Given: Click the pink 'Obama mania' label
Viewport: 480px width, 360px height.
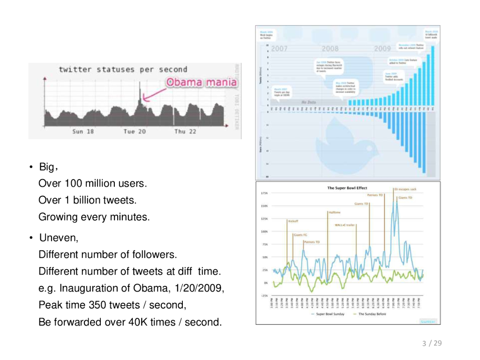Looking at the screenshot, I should pyautogui.click(x=202, y=82).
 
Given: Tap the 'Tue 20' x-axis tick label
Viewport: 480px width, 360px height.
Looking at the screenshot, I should pyautogui.click(x=135, y=132).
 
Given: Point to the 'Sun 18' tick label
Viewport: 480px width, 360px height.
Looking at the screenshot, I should pyautogui.click(x=83, y=132).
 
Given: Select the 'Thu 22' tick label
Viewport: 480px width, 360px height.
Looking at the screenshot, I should pyautogui.click(x=186, y=132).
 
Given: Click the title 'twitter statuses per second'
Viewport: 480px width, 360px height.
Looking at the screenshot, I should pyautogui.click(x=123, y=70).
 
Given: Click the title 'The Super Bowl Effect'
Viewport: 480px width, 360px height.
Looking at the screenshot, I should pyautogui.click(x=347, y=188).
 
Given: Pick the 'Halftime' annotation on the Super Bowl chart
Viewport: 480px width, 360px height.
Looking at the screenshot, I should pyautogui.click(x=334, y=212).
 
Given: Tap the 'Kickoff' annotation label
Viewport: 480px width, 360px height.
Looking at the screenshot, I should pyautogui.click(x=292, y=221).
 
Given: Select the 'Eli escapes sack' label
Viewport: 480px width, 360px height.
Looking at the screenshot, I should pyautogui.click(x=405, y=189).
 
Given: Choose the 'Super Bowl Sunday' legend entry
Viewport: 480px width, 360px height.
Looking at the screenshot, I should pyautogui.click(x=330, y=314).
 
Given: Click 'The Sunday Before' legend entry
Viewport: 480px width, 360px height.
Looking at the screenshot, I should pyautogui.click(x=372, y=314).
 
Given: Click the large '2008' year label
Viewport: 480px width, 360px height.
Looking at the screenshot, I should pyautogui.click(x=330, y=49).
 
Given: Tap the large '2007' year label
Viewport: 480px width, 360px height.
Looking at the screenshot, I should pyautogui.click(x=279, y=49).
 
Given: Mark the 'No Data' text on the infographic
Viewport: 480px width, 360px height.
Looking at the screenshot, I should pyautogui.click(x=308, y=102).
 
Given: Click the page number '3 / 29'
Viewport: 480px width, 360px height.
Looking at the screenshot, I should pyautogui.click(x=432, y=344).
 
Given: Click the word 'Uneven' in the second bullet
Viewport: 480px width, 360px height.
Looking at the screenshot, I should pyautogui.click(x=58, y=238).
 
